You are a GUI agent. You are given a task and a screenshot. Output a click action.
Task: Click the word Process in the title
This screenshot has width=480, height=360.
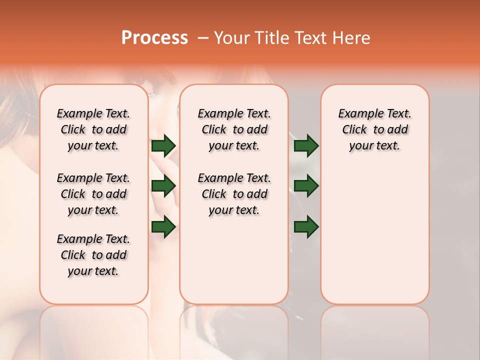(x=154, y=38)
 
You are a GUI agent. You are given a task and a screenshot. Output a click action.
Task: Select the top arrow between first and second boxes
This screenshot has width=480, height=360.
(x=163, y=146)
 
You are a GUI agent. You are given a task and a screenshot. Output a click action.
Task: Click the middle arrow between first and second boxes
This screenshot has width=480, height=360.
(x=163, y=186)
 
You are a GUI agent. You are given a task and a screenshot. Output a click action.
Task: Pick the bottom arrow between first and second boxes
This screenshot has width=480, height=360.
(x=163, y=227)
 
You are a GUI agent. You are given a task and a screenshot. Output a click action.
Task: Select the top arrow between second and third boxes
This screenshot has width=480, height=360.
(x=306, y=146)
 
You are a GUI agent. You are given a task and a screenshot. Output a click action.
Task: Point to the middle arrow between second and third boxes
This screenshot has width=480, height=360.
(x=306, y=186)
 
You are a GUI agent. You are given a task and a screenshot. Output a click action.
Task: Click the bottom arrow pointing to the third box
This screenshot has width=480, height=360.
(x=306, y=227)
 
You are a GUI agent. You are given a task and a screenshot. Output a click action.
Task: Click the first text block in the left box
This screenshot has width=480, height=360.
(x=93, y=129)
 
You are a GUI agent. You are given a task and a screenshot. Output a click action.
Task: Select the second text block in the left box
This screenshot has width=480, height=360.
(x=93, y=194)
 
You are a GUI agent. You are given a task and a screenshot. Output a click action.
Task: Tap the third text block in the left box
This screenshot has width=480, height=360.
(x=93, y=255)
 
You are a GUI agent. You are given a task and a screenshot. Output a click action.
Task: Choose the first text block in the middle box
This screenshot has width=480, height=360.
(x=234, y=129)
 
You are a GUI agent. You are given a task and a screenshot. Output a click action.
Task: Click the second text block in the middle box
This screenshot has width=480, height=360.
(x=234, y=194)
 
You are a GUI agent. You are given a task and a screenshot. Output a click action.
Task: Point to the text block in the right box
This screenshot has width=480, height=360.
(x=374, y=129)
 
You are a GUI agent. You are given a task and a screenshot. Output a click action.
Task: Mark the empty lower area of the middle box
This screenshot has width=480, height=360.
(x=234, y=260)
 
